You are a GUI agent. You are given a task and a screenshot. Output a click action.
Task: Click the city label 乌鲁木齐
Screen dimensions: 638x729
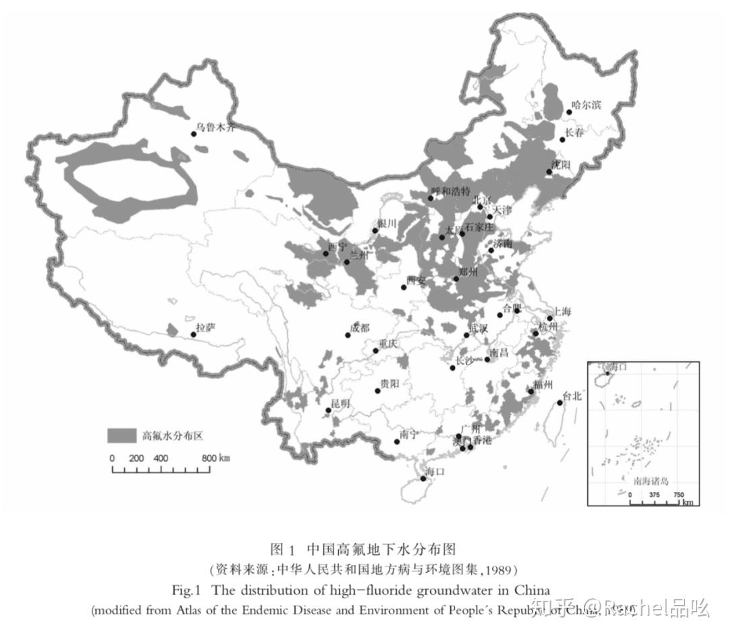coord(215,126)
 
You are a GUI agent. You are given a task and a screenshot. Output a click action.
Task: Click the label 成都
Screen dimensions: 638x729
coord(360,328)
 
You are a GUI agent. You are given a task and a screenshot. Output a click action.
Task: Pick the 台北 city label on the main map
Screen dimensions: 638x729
coord(571,396)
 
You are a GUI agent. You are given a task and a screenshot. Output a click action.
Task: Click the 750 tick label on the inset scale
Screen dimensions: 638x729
coord(678,494)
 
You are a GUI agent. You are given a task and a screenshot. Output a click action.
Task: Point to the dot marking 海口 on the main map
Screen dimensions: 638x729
coord(423,479)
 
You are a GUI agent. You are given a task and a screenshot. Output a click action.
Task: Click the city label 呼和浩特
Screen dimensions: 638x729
coord(450,191)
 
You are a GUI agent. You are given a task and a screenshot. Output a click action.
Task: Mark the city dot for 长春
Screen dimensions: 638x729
coord(562,140)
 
